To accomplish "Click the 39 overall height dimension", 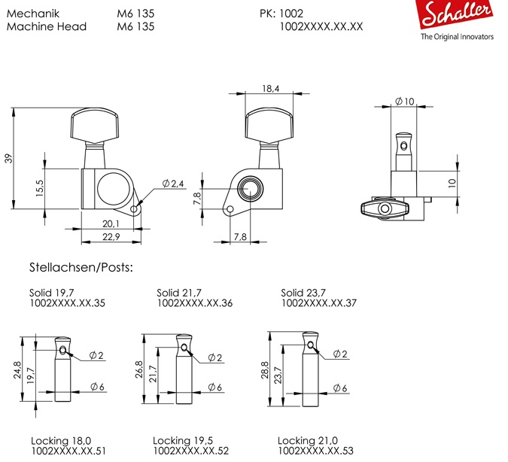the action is tap(9, 159).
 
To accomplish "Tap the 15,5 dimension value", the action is tap(40, 188).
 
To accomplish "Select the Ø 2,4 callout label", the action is tap(173, 184).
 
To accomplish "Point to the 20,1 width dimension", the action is tap(111, 223).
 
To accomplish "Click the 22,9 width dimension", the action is tap(111, 237).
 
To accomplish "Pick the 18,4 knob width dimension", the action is tap(270, 88).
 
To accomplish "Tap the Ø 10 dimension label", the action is tap(405, 102).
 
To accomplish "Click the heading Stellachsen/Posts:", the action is tap(81, 267).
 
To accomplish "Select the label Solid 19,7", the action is tap(51, 293).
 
